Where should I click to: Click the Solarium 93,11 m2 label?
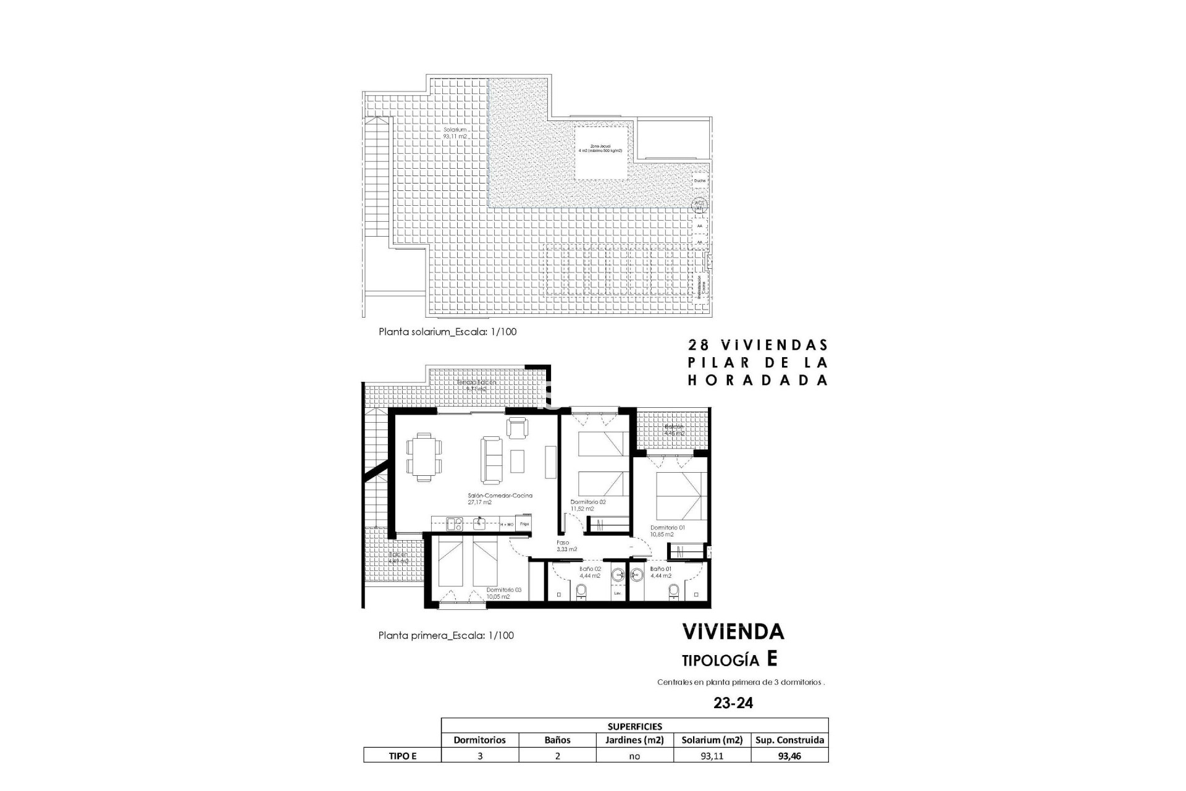tap(455, 133)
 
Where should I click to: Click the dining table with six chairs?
tap(424, 456)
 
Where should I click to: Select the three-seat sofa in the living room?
tap(492, 460)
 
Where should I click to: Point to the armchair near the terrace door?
tap(518, 427)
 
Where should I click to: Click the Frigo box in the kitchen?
tap(524, 524)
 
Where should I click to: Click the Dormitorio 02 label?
tap(587, 505)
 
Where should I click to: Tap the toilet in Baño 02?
tap(581, 593)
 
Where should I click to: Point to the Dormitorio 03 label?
tap(503, 593)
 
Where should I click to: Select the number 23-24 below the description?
tap(733, 703)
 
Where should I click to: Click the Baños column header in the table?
tap(557, 740)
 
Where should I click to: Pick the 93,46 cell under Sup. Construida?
tap(789, 755)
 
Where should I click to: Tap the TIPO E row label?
tap(402, 755)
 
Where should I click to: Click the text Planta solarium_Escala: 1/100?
tap(447, 332)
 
